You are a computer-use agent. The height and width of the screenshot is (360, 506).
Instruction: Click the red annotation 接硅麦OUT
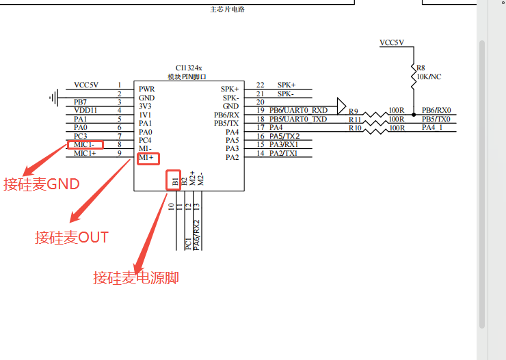click(72, 238)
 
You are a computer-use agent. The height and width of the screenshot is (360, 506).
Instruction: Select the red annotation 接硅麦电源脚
click(136, 278)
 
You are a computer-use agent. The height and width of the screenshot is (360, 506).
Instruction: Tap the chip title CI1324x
click(189, 67)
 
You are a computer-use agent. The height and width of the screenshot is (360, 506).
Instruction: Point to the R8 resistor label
click(421, 68)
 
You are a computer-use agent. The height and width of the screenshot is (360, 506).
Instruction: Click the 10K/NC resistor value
click(429, 77)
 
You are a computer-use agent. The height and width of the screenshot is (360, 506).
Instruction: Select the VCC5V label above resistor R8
click(392, 42)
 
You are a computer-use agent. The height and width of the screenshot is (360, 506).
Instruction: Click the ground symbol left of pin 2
click(53, 97)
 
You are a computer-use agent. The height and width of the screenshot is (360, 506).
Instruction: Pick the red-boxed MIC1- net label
click(87, 145)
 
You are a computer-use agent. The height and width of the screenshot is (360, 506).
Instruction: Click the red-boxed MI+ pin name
click(148, 158)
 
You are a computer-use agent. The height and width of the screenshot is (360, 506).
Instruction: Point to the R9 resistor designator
click(353, 111)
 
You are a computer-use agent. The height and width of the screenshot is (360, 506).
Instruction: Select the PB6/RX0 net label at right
click(436, 110)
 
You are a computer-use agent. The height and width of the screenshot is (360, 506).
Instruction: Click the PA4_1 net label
click(432, 127)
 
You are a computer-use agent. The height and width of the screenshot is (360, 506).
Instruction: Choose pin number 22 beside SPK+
click(260, 85)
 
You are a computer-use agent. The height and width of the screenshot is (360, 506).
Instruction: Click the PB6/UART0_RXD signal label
click(298, 110)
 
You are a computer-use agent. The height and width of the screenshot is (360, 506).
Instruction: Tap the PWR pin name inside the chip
click(146, 89)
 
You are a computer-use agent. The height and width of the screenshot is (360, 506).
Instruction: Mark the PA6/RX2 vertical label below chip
click(197, 235)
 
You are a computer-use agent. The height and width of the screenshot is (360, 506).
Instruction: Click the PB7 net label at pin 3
click(80, 102)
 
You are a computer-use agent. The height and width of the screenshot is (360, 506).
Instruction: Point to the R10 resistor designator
click(355, 128)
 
